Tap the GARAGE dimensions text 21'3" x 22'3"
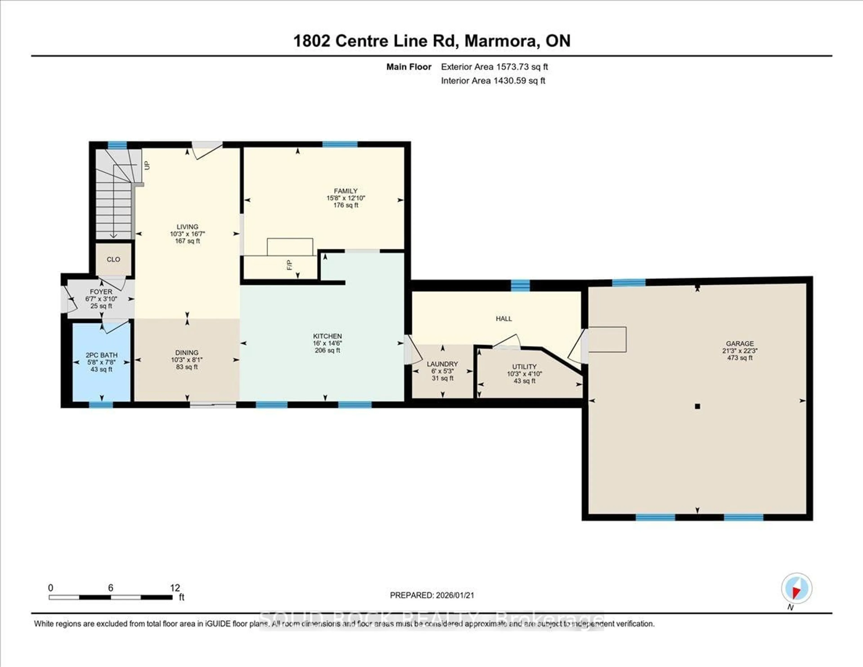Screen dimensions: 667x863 coord(740,351)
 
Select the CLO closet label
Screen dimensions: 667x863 coord(113,259)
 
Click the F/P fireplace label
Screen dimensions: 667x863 coord(290,265)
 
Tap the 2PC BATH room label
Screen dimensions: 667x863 coord(102,355)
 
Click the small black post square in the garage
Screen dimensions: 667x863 coord(697,406)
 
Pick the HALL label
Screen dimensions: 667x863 coord(504,319)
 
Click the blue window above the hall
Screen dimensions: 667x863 coord(520,285)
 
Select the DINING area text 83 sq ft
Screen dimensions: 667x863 coord(187,367)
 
